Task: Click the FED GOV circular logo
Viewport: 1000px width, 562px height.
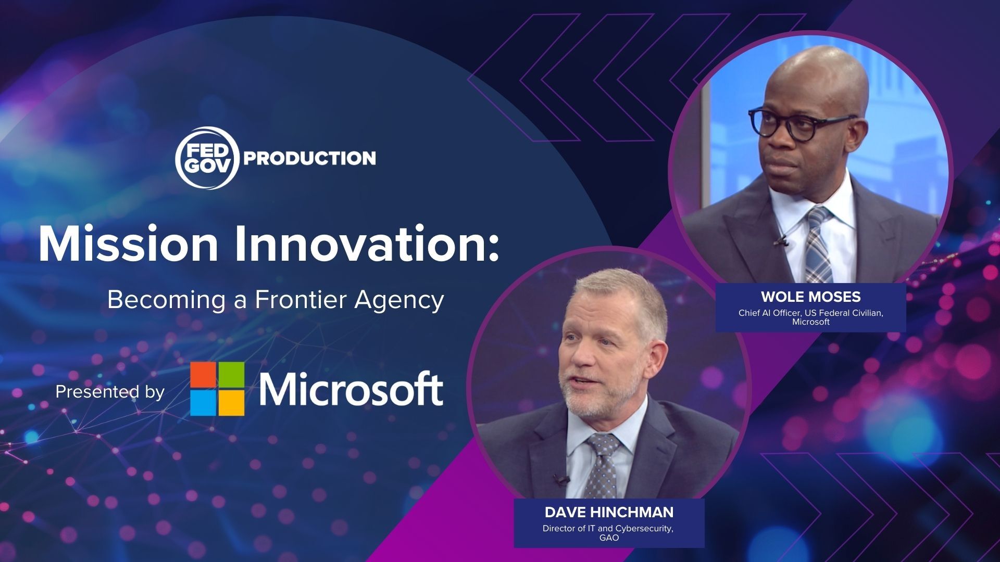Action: (x=207, y=158)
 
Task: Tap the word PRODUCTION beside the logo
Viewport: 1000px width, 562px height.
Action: (x=309, y=158)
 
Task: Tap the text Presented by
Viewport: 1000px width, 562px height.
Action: (x=110, y=391)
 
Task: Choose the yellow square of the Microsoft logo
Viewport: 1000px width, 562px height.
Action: (x=231, y=403)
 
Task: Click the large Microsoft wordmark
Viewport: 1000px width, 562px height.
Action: (x=352, y=389)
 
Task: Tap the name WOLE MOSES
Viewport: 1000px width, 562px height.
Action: (x=810, y=297)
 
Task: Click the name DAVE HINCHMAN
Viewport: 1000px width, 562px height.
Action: (x=609, y=512)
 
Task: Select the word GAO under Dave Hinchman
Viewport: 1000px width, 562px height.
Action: (x=609, y=538)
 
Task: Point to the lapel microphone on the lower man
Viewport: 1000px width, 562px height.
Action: (x=560, y=479)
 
